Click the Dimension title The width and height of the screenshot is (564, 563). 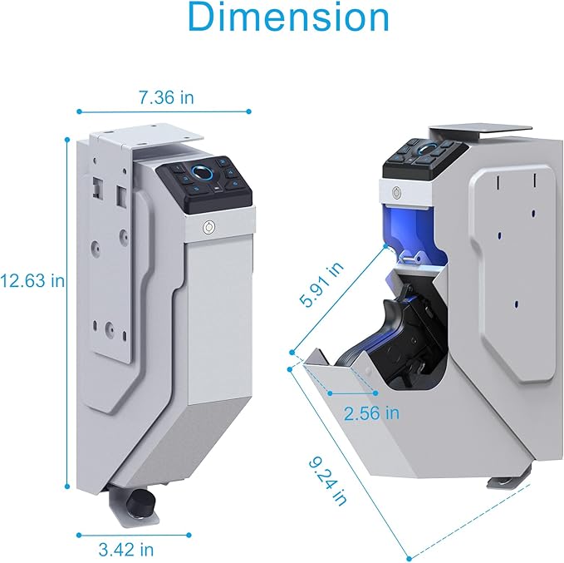288,17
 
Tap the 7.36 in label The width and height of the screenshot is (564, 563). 166,97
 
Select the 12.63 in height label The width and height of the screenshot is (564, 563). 32,280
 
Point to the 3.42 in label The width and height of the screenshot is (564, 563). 126,550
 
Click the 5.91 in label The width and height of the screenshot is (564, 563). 321,284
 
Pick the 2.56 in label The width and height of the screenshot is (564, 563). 371,413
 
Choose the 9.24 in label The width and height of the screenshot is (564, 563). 328,481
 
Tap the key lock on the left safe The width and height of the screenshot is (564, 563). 209,227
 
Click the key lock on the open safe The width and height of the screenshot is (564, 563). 397,193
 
